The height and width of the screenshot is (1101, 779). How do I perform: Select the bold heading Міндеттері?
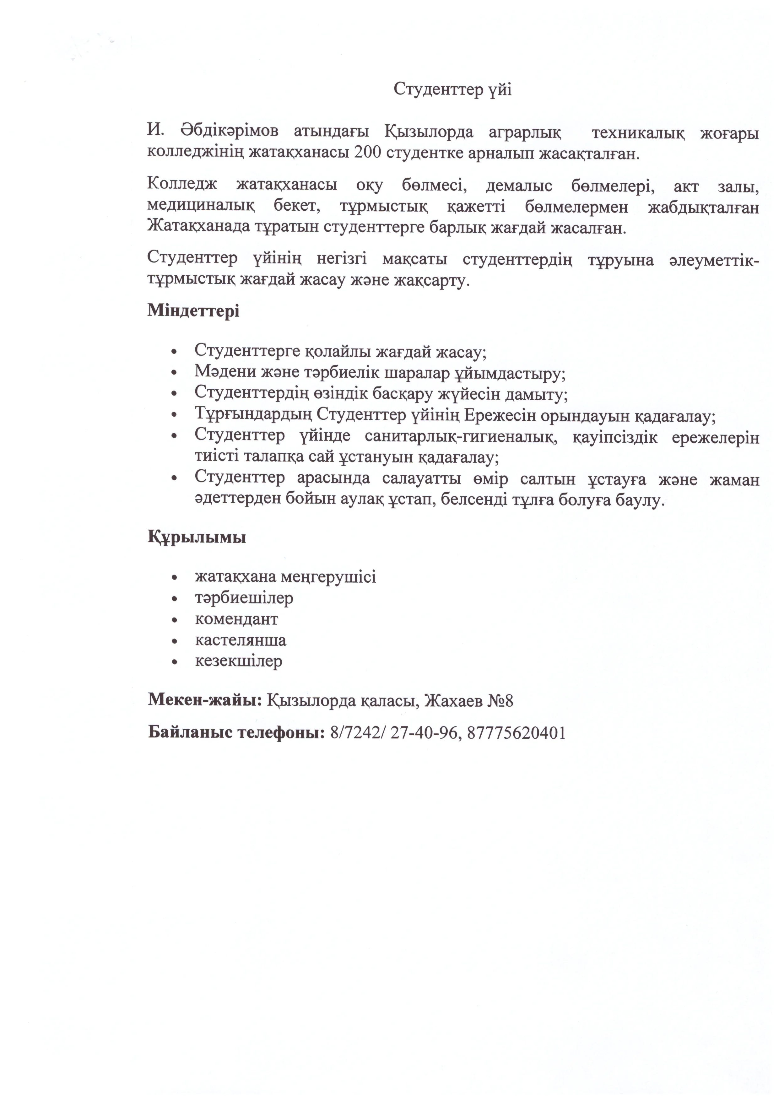(x=193, y=311)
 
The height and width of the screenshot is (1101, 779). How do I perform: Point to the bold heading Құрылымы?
(x=197, y=537)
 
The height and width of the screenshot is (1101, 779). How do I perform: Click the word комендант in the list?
(x=236, y=619)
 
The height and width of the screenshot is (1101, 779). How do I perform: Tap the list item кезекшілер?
(x=238, y=661)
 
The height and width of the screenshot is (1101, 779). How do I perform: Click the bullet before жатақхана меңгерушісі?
(x=175, y=577)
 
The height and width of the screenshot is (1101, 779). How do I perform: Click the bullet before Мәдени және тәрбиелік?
(x=175, y=373)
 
